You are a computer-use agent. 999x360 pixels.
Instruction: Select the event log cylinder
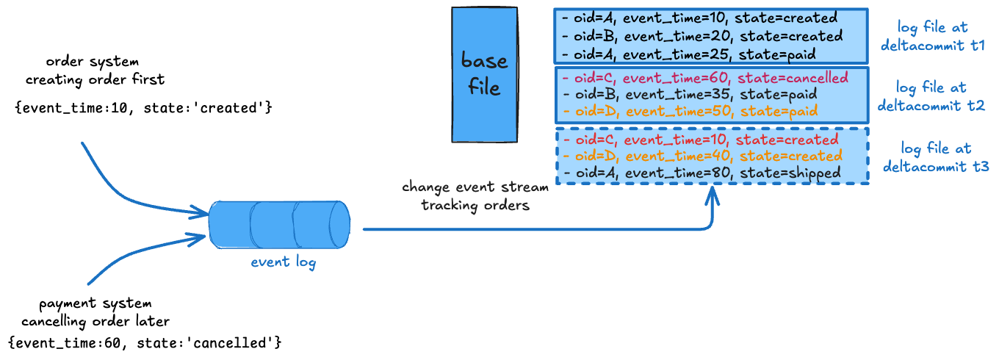[279, 224]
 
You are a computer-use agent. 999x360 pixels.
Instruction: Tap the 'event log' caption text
[284, 262]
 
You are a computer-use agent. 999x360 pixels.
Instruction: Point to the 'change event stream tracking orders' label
[475, 196]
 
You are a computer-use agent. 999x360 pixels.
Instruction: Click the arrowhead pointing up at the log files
[712, 194]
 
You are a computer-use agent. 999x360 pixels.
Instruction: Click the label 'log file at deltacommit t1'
[932, 36]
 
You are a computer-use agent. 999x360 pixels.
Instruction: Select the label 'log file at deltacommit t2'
[931, 97]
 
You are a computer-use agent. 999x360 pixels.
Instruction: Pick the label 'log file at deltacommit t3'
[935, 157]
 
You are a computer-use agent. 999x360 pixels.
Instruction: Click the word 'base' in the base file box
[484, 60]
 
